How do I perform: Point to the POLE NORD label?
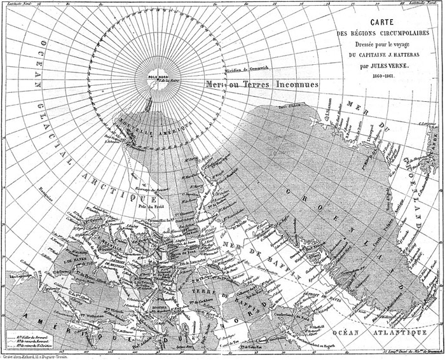click(x=156, y=75)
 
